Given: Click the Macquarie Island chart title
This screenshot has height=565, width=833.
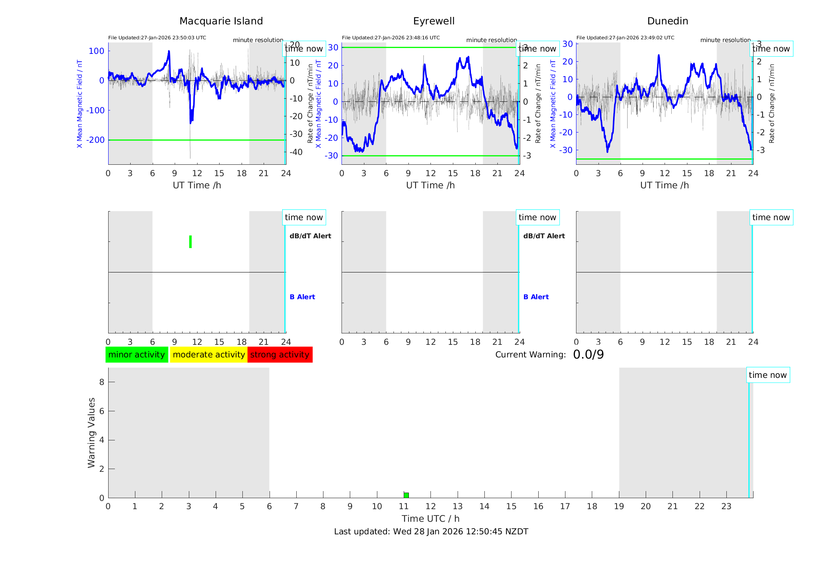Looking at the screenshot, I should [221, 21].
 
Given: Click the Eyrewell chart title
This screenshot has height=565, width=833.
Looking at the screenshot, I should [434, 21].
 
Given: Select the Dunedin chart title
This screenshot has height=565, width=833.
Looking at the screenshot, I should [667, 21].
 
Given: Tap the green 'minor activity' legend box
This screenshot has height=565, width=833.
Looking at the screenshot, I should [137, 355].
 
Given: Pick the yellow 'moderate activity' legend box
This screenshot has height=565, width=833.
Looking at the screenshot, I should [209, 355].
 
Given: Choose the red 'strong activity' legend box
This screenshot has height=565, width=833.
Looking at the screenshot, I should [280, 355].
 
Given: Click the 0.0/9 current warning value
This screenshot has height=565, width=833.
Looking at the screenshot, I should [588, 355].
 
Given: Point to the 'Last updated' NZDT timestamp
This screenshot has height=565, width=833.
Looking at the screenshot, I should [431, 532].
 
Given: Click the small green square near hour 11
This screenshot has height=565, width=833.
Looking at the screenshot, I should [406, 495].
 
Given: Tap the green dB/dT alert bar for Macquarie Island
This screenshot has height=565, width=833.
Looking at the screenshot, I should [190, 242].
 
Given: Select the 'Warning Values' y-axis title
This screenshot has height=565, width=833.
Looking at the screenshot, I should [92, 432].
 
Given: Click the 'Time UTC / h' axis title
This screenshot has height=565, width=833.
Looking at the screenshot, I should [430, 519].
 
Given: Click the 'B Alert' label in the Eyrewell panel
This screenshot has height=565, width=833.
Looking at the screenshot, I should [536, 297].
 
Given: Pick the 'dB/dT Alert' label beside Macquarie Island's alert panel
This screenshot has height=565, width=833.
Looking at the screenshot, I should [310, 236].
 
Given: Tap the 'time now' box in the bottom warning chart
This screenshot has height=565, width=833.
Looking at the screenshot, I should [767, 375].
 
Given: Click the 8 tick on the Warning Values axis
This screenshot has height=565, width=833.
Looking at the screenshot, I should [102, 382].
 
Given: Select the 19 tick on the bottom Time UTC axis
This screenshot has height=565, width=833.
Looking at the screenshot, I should [619, 506].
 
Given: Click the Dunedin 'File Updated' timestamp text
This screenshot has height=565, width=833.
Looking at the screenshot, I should [625, 38].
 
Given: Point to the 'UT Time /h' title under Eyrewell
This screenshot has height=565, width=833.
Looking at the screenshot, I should [430, 185].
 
